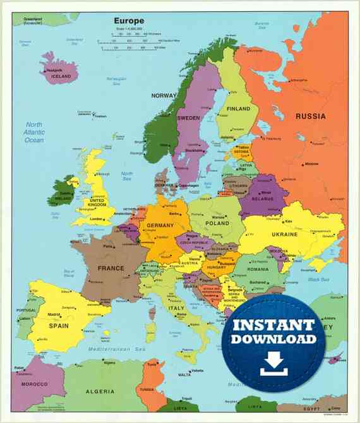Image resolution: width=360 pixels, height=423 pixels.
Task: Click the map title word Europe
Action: tap(129, 20)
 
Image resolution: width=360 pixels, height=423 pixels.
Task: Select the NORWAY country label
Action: tap(164, 96)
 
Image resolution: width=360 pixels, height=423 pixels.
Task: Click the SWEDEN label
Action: tap(188, 118)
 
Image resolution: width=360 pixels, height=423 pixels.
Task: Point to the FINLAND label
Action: tap(238, 109)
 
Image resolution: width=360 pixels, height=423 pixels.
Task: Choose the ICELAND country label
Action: tap(61, 76)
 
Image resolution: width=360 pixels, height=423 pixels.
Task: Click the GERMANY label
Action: tap(160, 225)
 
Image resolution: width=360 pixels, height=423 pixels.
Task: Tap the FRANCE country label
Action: tap(111, 268)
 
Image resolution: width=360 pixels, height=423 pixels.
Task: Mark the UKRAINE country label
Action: tap(284, 234)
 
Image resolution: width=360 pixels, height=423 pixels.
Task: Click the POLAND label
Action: tap(217, 223)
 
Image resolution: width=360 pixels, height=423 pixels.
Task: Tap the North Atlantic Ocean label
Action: tap(33, 132)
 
